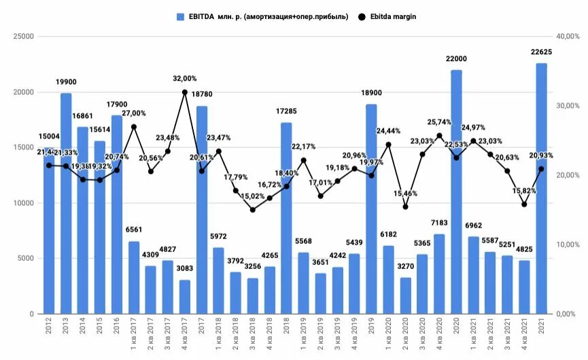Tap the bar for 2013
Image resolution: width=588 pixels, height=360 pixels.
(66, 203)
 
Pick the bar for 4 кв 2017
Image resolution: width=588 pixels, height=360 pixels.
(185, 297)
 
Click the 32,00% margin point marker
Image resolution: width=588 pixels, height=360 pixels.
(185, 92)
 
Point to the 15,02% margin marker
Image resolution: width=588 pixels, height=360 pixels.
(253, 210)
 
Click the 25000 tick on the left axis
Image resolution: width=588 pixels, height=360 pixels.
(24, 37)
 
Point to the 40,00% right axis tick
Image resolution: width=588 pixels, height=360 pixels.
(567, 37)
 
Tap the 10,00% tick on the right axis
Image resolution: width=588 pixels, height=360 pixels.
(567, 245)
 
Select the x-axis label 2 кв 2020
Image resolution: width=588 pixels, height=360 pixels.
(406, 337)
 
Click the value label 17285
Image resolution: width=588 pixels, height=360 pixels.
(286, 112)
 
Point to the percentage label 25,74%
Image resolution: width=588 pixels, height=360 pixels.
(439, 122)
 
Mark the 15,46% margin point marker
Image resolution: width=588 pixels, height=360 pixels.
(405, 206)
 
